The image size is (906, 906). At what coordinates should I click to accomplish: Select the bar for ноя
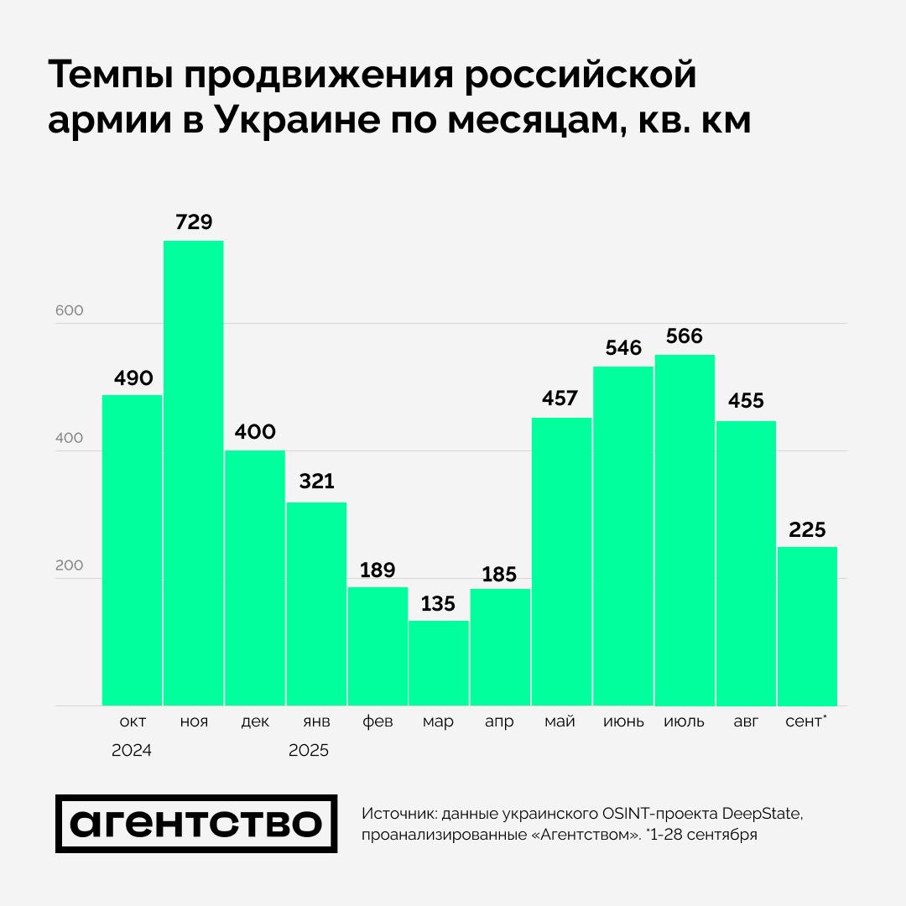193,473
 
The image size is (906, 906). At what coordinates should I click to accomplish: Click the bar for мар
439,663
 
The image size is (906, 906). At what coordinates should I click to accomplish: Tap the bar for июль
685,530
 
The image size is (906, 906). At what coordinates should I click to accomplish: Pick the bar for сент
807,626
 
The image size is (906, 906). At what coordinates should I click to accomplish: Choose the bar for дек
255,578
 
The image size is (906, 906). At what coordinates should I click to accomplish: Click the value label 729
194,222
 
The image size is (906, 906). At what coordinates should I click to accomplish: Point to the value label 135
439,603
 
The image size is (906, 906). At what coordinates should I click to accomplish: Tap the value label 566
685,336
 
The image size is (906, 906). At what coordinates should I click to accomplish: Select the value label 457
560,398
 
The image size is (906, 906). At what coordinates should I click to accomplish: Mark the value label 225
807,529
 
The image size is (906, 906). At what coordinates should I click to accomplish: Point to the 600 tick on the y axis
70,310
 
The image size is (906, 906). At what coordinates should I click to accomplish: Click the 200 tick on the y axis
70,565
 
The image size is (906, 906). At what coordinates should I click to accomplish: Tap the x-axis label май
560,721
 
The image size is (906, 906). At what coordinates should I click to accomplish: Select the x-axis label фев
377,721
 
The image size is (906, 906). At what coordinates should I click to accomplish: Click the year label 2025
309,751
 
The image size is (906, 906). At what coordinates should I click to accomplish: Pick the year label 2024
132,751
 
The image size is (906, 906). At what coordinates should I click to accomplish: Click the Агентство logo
196,824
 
